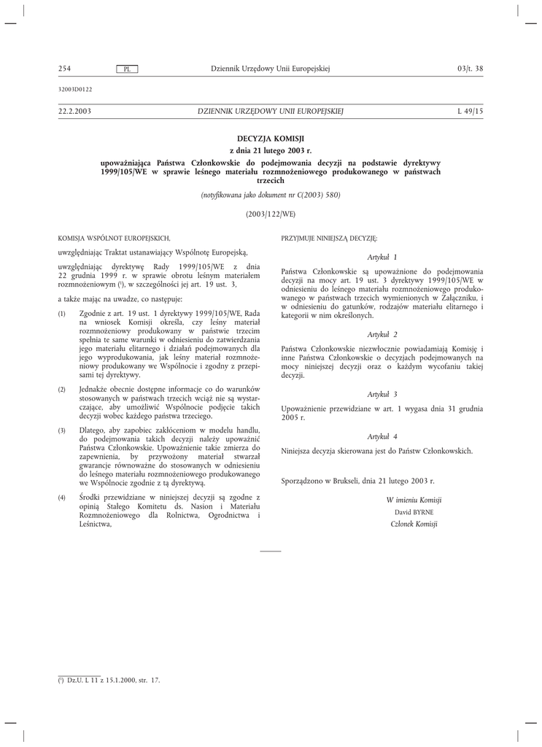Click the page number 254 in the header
(64, 69)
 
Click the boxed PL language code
(127, 69)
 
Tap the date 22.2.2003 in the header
(74, 111)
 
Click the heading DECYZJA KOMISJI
(271, 138)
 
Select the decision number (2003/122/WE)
(271, 214)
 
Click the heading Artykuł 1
(382, 257)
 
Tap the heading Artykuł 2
(382, 334)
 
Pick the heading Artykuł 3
(382, 394)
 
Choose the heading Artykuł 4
(382, 436)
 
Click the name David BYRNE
(414, 512)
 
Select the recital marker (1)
(62, 314)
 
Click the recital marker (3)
(62, 432)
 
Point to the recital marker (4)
(62, 498)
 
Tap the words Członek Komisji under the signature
(414, 525)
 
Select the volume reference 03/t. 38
(470, 69)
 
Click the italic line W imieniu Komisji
(414, 500)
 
